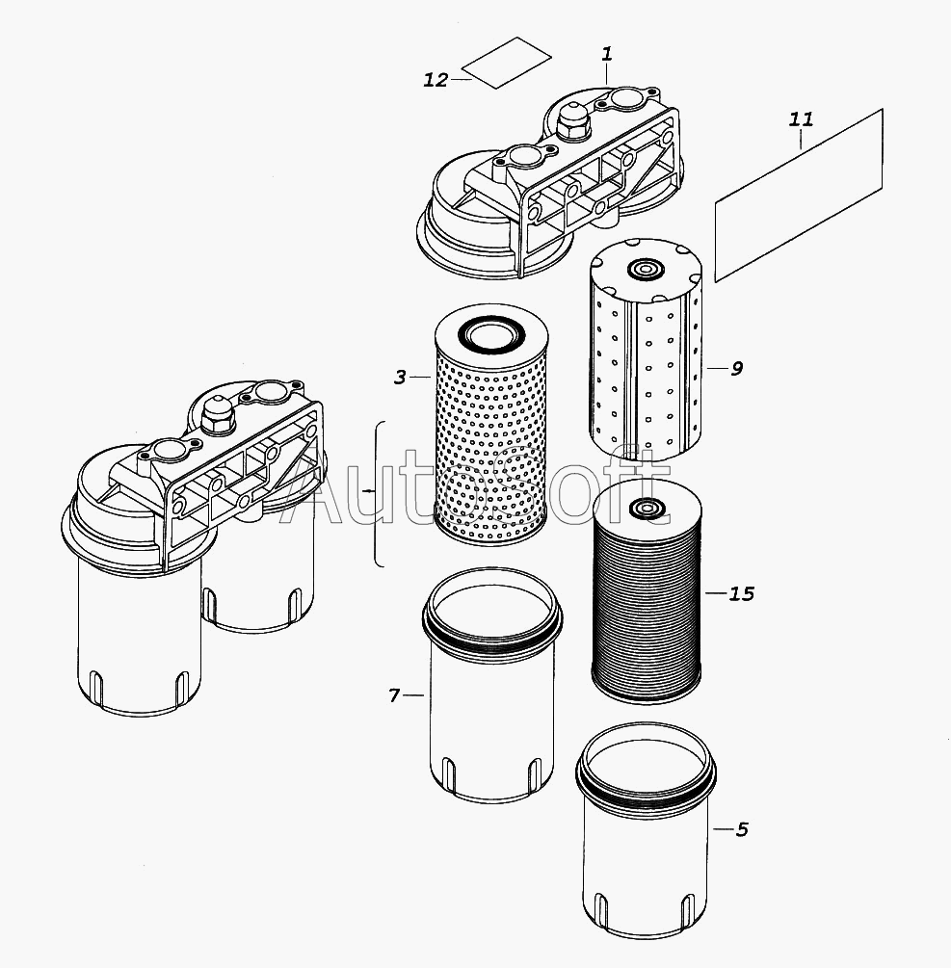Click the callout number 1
607,54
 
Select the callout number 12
436,80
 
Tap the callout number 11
801,119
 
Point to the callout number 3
400,378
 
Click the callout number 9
736,368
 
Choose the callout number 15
741,593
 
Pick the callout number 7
394,694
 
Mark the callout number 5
741,829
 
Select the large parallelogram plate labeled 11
800,195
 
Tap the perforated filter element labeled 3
491,433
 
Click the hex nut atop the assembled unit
217,413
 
